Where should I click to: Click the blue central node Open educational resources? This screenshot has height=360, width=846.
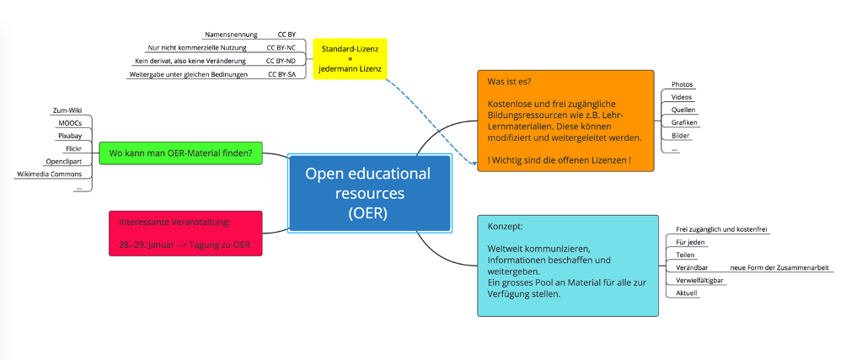pyautogui.click(x=367, y=193)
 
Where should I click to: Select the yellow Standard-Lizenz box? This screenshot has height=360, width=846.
pyautogui.click(x=350, y=58)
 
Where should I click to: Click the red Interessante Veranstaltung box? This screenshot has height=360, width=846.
pyautogui.click(x=185, y=234)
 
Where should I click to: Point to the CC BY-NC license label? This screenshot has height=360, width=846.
pyautogui.click(x=281, y=48)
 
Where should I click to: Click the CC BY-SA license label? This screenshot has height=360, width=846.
pyautogui.click(x=281, y=74)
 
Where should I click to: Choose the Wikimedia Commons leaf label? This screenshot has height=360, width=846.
pyautogui.click(x=50, y=174)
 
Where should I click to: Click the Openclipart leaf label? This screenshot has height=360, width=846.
pyautogui.click(x=62, y=161)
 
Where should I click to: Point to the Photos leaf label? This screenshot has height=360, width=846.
pyautogui.click(x=682, y=85)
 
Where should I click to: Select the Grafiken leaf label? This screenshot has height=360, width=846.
pyautogui.click(x=684, y=123)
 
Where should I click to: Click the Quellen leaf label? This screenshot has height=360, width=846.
pyautogui.click(x=683, y=110)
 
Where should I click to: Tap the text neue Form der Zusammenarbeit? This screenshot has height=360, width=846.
pyautogui.click(x=779, y=267)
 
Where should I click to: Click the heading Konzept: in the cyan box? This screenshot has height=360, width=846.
pyautogui.click(x=506, y=227)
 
